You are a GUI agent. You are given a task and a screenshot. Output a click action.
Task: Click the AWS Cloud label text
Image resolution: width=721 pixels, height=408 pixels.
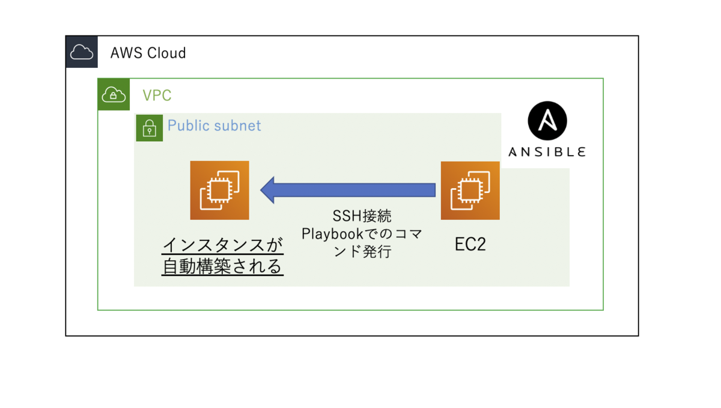(x=148, y=53)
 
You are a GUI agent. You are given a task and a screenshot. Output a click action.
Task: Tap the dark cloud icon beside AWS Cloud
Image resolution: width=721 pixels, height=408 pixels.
(x=82, y=52)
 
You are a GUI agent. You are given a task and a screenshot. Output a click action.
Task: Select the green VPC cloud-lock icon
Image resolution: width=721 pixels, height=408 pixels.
(x=114, y=94)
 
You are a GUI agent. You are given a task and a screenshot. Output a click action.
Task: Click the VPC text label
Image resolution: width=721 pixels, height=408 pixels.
(x=157, y=96)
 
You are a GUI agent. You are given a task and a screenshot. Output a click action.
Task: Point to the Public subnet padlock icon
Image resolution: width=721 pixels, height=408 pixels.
(x=149, y=127)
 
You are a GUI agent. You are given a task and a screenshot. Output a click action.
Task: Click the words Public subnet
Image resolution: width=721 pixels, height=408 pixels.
(x=214, y=126)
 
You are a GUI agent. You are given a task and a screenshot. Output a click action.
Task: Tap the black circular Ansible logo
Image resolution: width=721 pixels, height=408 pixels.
(x=547, y=121)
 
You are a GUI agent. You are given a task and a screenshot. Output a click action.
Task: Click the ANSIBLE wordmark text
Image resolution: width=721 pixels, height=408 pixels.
(x=547, y=152)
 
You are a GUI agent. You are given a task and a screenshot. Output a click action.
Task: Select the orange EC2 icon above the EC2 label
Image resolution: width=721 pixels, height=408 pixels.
(x=470, y=190)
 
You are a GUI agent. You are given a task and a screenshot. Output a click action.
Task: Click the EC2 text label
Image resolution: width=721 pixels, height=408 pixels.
(x=470, y=245)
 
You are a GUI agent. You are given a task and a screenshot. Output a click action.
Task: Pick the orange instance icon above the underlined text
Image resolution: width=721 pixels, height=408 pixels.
(x=219, y=190)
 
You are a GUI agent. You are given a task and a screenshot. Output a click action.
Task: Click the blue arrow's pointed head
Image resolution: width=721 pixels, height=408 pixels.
(x=269, y=190)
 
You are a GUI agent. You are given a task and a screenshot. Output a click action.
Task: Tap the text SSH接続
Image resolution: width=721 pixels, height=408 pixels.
(x=362, y=216)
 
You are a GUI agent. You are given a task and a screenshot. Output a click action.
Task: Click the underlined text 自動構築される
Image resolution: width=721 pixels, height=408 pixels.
(x=222, y=266)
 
